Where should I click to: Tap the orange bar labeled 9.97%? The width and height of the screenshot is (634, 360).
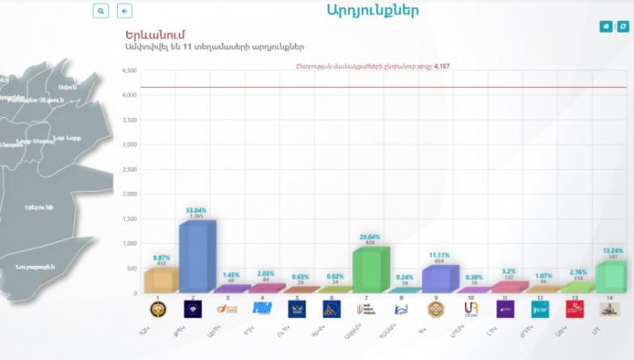click(x=161, y=280)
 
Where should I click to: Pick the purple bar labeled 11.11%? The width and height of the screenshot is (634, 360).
click(x=437, y=278)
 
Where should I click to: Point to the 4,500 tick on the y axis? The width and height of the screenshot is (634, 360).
click(x=129, y=70)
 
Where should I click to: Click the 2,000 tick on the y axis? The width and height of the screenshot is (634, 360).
click(x=129, y=194)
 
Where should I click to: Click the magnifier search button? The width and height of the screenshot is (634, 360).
click(x=101, y=11)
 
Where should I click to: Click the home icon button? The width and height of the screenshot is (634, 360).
click(x=606, y=26)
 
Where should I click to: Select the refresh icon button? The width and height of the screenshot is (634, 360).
click(x=623, y=26)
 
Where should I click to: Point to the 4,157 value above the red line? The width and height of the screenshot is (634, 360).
click(x=438, y=66)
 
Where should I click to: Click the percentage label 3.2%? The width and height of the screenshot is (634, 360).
click(x=506, y=271)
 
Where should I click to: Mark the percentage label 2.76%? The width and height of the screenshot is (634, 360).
click(x=575, y=272)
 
